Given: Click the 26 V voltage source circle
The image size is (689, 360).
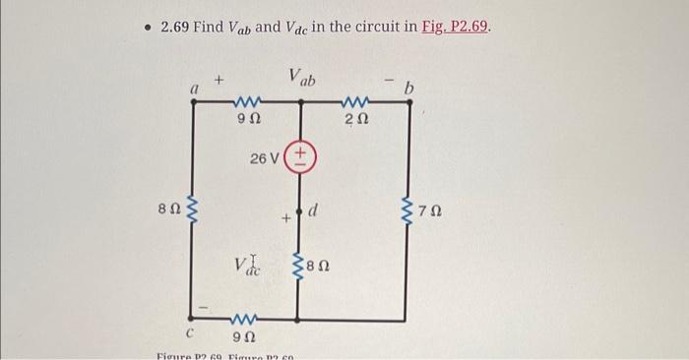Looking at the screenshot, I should pyautogui.click(x=299, y=156).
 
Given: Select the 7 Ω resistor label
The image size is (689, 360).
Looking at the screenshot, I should pyautogui.click(x=426, y=210).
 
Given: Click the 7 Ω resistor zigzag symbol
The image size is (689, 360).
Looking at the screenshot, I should pyautogui.click(x=405, y=209).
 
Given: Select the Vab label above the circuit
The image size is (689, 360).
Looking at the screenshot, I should pyautogui.click(x=301, y=76).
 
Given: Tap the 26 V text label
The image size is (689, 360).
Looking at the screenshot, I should pyautogui.click(x=265, y=157).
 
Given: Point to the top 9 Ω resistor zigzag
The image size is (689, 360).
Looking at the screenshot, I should pyautogui.click(x=246, y=102).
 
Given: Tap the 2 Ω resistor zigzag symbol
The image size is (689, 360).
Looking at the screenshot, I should pyautogui.click(x=354, y=102).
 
